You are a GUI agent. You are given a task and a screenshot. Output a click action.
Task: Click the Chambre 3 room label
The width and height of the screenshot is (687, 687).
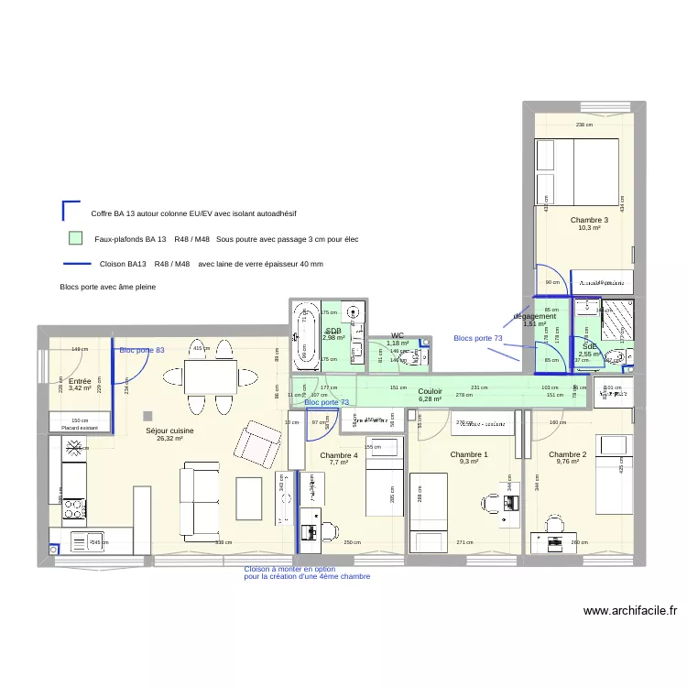pyautogui.click(x=588, y=220)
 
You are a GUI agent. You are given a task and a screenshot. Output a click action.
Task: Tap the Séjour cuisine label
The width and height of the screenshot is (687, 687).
pyautogui.click(x=169, y=430)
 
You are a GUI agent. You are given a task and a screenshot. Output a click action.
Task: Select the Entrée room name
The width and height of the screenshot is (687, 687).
pyautogui.click(x=80, y=380)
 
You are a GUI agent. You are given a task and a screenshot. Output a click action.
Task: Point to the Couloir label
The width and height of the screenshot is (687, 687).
pyautogui.click(x=430, y=391)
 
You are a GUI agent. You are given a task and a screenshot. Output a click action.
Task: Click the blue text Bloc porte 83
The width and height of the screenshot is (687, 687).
pyautogui.click(x=142, y=351)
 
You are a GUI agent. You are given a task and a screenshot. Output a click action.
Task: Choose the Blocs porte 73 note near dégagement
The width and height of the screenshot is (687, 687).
pyautogui.click(x=478, y=338)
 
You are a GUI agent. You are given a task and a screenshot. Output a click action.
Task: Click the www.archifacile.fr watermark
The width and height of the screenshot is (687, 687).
pyautogui.click(x=629, y=610)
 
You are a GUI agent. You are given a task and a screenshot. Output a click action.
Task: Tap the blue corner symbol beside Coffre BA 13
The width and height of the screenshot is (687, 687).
pyautogui.click(x=70, y=212)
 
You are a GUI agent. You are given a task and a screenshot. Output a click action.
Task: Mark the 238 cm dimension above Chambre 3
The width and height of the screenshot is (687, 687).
pyautogui.click(x=583, y=125)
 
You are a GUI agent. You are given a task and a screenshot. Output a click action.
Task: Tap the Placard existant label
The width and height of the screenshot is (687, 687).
pyautogui.click(x=80, y=428)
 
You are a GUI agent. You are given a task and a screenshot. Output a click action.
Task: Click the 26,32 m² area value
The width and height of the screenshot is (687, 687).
pyautogui.click(x=169, y=438)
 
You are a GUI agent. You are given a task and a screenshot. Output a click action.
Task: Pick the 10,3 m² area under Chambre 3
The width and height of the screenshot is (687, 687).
pyautogui.click(x=588, y=228)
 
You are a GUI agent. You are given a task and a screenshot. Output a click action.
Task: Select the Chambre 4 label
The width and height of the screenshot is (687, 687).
pyautogui.click(x=339, y=454)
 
